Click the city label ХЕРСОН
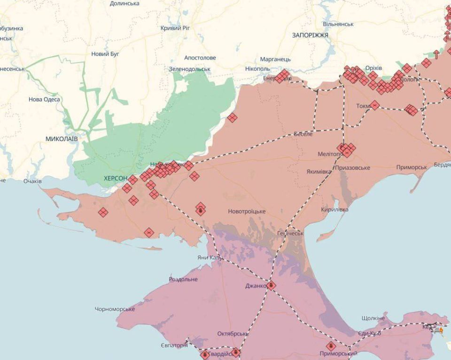[x=116, y=179]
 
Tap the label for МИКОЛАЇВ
[x=62, y=139]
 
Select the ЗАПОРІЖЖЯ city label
[x=310, y=35]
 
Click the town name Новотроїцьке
[x=247, y=211]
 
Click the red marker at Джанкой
[x=271, y=285]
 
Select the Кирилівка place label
[x=334, y=210]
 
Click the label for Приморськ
[x=412, y=167]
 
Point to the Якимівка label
[x=319, y=172]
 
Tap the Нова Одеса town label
[x=44, y=99]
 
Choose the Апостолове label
[x=200, y=58]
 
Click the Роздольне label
[x=183, y=279]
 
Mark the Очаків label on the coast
[x=32, y=181]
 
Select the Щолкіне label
[x=373, y=318]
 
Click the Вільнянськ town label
[x=338, y=23]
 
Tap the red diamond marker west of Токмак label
[x=374, y=105]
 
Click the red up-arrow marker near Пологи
[x=436, y=54]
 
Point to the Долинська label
[x=124, y=3]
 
